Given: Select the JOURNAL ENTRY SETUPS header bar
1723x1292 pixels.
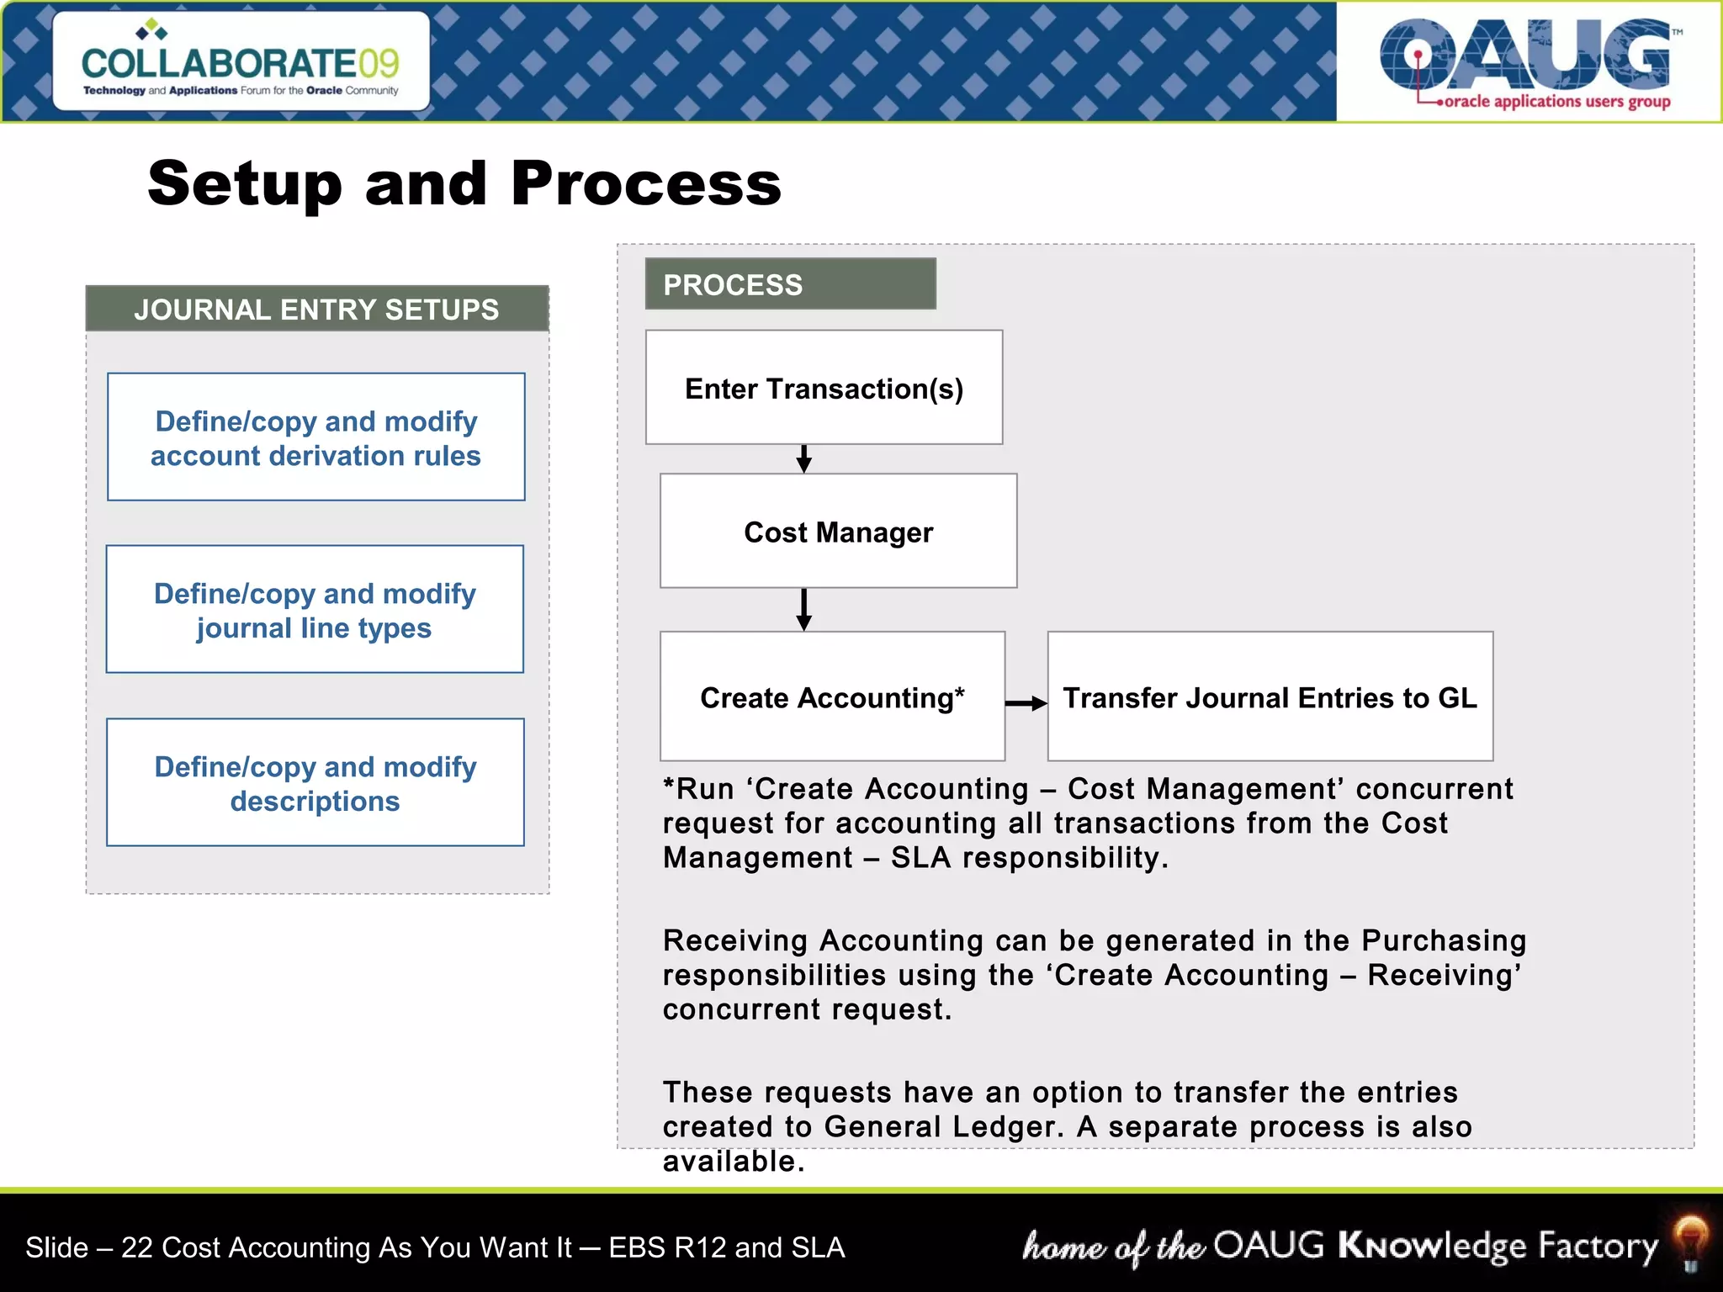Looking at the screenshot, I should tap(317, 310).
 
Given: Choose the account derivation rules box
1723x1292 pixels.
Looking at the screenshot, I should tap(315, 437).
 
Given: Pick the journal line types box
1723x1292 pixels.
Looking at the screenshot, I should tap(315, 610).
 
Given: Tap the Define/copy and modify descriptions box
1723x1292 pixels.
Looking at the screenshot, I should tap(315, 783).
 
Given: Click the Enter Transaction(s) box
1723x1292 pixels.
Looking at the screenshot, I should tap(824, 388).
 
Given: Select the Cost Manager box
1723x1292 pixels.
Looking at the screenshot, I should tap(838, 532).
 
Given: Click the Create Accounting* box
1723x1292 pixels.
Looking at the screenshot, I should tap(832, 697).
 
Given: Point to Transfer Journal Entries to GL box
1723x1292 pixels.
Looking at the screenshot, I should tap(1270, 697).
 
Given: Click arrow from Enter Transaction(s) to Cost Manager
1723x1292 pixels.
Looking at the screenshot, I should tap(803, 459).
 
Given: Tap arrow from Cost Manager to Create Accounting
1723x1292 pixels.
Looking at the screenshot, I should tap(803, 610).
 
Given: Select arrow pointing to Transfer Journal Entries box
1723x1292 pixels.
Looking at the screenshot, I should tap(1026, 703).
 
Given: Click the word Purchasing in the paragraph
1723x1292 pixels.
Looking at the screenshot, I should tap(1444, 940).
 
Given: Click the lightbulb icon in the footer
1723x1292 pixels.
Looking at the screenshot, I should tap(1690, 1242).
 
